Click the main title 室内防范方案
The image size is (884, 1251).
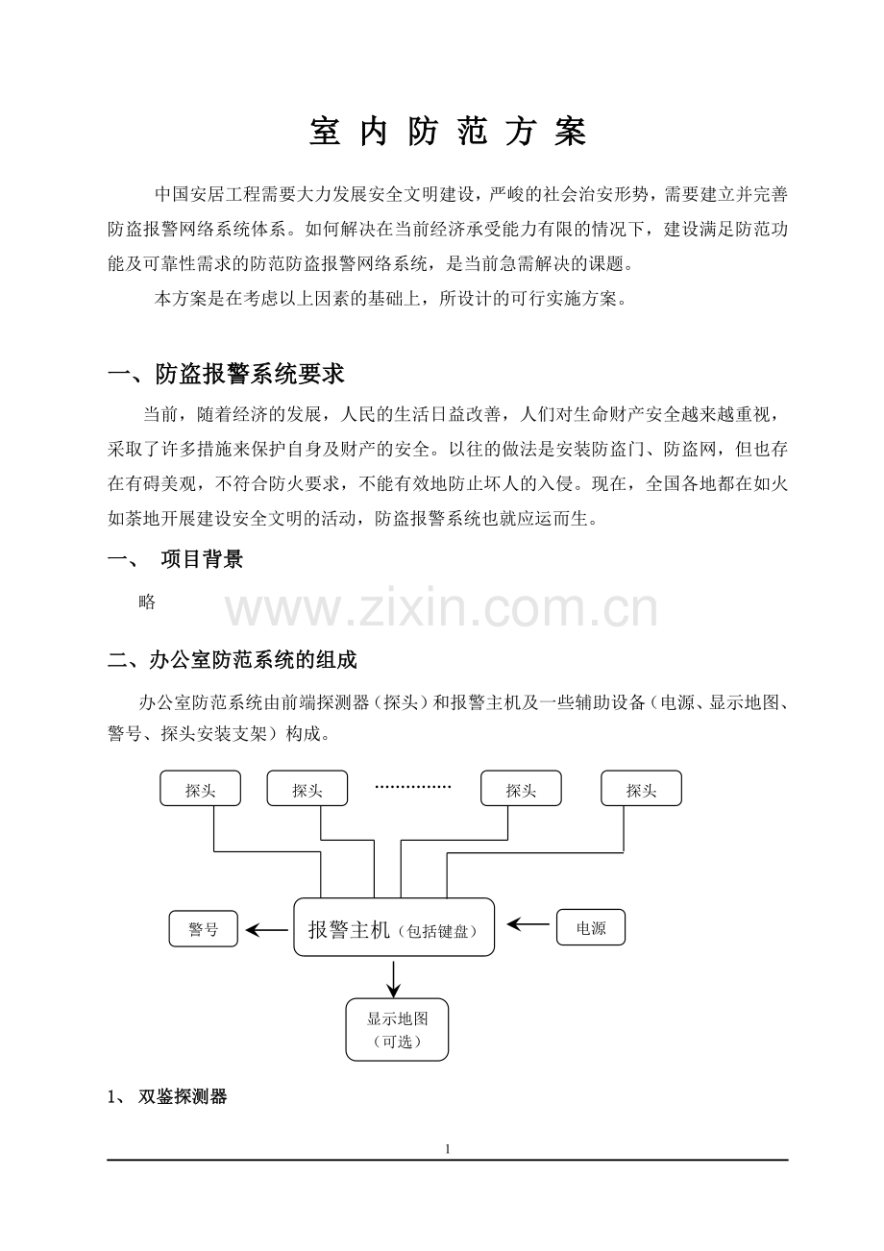pyautogui.click(x=448, y=133)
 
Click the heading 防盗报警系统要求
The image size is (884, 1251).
pyautogui.click(x=250, y=374)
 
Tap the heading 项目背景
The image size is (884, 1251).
pyautogui.click(x=202, y=559)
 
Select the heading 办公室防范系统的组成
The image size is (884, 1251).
pyautogui.click(x=253, y=660)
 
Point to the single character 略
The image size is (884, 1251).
pyautogui.click(x=147, y=602)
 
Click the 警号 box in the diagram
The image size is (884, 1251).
pyautogui.click(x=204, y=929)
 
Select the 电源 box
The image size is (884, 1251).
pyautogui.click(x=591, y=927)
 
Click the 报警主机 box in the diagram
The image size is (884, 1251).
pyautogui.click(x=394, y=927)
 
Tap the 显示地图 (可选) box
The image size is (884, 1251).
pyautogui.click(x=397, y=1030)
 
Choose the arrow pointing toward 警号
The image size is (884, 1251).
pyautogui.click(x=267, y=930)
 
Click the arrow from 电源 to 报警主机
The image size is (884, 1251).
pyautogui.click(x=528, y=924)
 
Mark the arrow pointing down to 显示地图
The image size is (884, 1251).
pyautogui.click(x=394, y=979)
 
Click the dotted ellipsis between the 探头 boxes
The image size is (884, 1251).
pyautogui.click(x=412, y=787)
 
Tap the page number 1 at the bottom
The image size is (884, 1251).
pyautogui.click(x=447, y=1149)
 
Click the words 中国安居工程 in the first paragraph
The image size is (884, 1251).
pyautogui.click(x=208, y=194)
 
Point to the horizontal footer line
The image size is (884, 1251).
pyautogui.click(x=448, y=1160)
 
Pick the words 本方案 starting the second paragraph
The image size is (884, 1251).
pyautogui.click(x=181, y=300)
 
